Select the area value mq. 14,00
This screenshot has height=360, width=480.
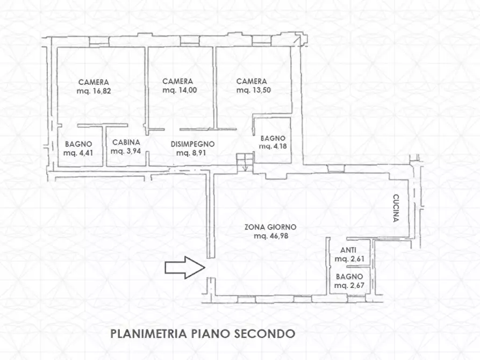click(180, 90)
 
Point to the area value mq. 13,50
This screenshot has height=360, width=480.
click(253, 90)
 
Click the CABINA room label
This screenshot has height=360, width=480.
click(126, 143)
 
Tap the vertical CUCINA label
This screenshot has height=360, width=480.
click(396, 208)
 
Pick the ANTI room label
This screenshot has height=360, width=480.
click(348, 250)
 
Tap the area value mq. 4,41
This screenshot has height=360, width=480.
click(78, 153)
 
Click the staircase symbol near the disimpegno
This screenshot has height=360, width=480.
click(245, 162)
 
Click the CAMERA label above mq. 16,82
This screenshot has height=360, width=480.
click(94, 82)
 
